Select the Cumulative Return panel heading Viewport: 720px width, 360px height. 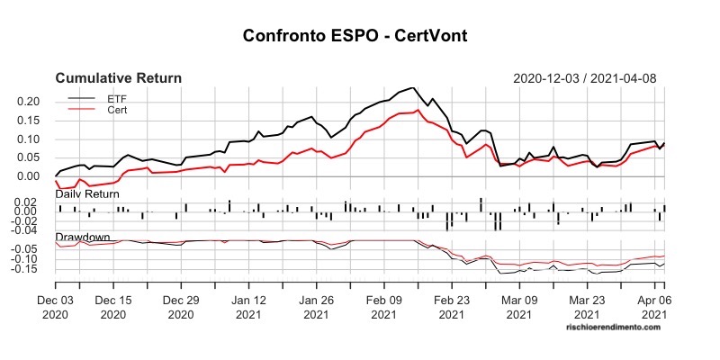click(119, 78)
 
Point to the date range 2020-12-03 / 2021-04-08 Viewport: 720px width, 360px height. click(584, 78)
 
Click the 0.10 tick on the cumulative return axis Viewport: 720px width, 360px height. click(31, 139)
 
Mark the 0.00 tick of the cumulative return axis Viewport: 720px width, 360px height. click(31, 176)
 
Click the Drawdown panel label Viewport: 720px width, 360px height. click(83, 238)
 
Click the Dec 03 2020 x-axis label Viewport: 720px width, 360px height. click(56, 308)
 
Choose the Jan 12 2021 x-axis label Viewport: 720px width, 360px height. click(248, 308)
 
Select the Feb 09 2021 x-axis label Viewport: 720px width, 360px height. click(384, 308)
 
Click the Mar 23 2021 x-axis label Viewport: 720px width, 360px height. click(587, 308)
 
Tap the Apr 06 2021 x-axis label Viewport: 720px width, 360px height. click(654, 308)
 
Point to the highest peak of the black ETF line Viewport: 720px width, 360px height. click(412, 88)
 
